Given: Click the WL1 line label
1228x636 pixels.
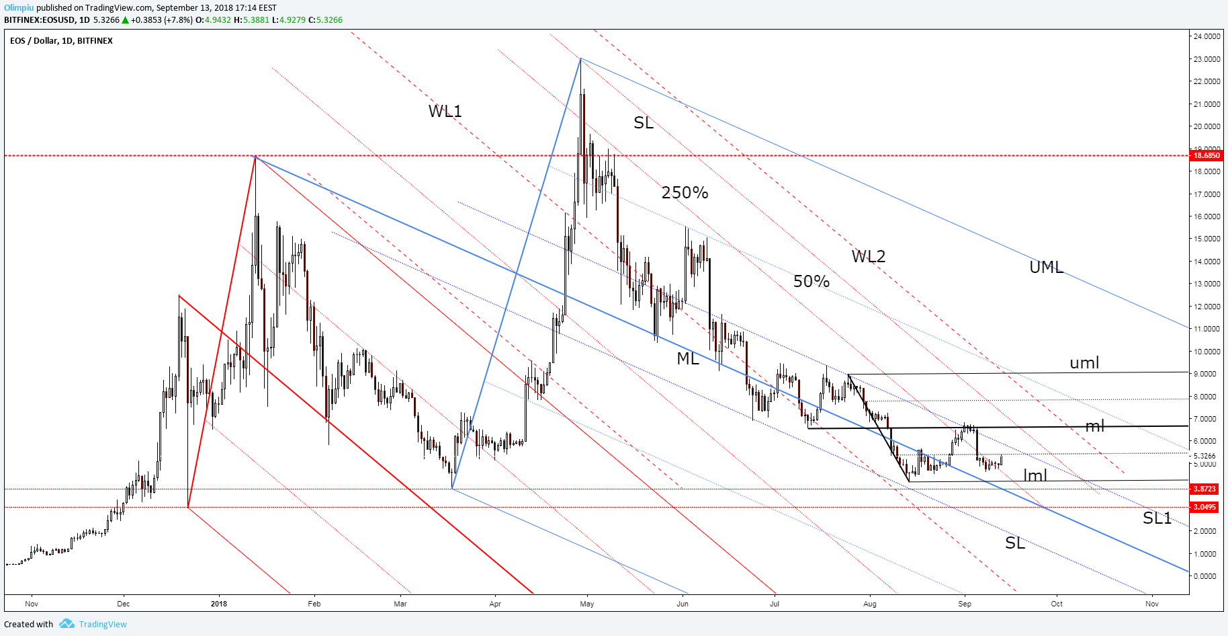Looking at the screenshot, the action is pos(445,111).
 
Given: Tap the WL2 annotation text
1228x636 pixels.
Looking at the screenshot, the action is pos(869,256).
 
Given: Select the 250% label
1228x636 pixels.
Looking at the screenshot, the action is pos(685,193).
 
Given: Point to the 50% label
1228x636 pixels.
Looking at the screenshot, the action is pos(812,281).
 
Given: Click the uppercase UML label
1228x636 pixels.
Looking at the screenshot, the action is pos(1047,267).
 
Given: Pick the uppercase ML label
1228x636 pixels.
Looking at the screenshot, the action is pos(688,358).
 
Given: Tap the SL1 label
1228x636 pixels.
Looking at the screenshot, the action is pos(1157,518).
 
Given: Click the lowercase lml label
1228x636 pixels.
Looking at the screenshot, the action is pos(1035,475).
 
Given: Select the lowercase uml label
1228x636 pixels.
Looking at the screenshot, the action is pos(1084,363).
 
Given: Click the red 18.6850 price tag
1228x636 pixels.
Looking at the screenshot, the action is pos(1206,155).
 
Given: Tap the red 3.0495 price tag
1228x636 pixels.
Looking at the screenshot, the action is pos(1204,507).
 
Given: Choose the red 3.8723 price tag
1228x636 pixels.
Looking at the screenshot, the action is pos(1204,489).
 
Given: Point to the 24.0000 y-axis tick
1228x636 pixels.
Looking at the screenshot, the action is pos(1207,36).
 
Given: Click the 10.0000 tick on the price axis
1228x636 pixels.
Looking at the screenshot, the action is pos(1207,352).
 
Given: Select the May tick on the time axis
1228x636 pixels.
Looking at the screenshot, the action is pos(587,604).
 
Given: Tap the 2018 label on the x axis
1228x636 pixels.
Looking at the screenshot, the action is pos(219,604).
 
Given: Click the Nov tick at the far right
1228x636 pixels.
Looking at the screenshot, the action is pos(1152,604).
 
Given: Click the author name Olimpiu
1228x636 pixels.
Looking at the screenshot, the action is pos(19,8).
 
